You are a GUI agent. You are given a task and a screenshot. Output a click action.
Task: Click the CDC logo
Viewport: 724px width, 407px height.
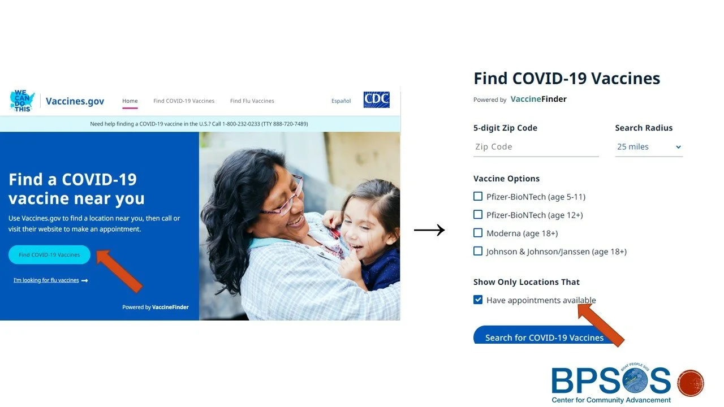(x=376, y=100)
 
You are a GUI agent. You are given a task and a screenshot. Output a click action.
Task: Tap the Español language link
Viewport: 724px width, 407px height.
(x=341, y=101)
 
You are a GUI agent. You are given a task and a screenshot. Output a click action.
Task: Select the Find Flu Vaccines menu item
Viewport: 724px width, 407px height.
(x=252, y=101)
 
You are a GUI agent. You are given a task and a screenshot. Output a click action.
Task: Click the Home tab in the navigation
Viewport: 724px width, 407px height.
(x=130, y=101)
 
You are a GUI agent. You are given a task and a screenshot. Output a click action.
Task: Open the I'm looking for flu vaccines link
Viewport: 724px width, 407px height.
(x=46, y=280)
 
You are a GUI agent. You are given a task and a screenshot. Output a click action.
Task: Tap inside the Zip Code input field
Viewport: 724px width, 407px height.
(x=535, y=147)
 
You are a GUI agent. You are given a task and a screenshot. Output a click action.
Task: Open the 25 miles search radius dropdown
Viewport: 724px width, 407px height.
(x=649, y=147)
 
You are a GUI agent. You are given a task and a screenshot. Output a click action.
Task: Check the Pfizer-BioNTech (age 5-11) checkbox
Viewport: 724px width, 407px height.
(x=478, y=197)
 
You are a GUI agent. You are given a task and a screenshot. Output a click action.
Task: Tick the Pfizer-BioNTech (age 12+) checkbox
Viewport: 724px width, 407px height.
(x=478, y=215)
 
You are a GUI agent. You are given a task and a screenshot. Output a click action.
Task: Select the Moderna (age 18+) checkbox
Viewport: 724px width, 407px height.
(x=478, y=233)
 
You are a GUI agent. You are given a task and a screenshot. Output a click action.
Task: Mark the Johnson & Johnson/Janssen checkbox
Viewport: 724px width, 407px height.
(x=478, y=251)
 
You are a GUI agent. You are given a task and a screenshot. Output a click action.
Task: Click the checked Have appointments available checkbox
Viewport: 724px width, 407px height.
(x=478, y=300)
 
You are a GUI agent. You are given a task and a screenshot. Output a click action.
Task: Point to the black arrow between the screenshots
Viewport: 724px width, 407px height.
(x=429, y=230)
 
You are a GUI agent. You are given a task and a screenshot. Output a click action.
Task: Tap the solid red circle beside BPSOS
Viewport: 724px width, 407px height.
(x=690, y=383)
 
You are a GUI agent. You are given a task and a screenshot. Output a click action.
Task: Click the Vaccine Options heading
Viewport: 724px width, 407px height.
(x=506, y=179)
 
